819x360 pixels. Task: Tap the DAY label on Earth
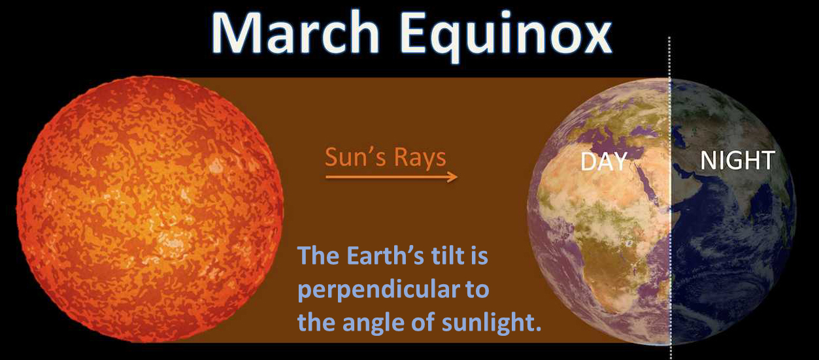tap(604, 161)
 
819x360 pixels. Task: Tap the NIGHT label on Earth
tap(737, 159)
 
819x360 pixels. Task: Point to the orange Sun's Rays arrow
tap(392, 177)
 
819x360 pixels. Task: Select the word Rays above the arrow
tap(420, 158)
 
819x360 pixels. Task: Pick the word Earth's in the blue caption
tap(385, 255)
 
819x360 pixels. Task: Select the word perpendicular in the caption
tap(378, 290)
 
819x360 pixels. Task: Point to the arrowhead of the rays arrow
tap(454, 177)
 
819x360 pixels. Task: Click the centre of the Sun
tap(150, 209)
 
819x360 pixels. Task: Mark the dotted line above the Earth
tap(670, 57)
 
